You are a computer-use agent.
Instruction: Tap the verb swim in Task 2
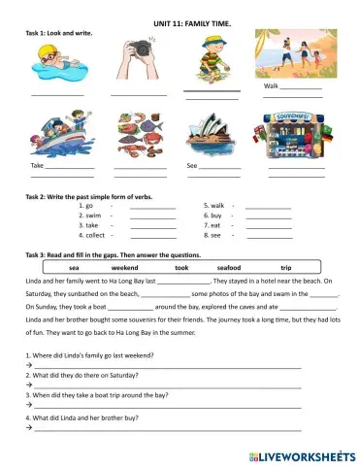pyautogui.click(x=92, y=216)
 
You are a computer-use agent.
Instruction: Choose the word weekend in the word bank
pyautogui.click(x=125, y=267)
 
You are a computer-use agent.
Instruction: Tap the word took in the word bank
pyautogui.click(x=181, y=267)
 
